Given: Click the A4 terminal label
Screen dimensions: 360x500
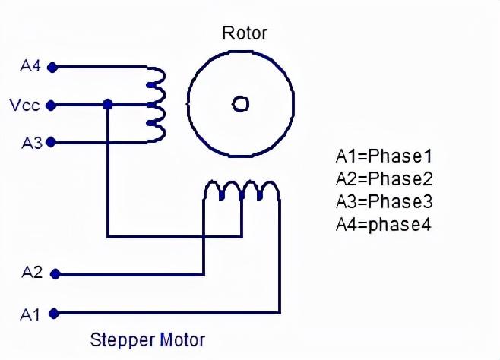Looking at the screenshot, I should pos(30,66).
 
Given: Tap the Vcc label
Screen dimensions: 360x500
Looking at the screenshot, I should pos(24,104).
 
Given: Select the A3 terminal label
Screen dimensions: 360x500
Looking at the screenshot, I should pos(30,141).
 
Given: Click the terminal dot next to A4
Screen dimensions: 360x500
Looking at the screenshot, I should pos(52,67).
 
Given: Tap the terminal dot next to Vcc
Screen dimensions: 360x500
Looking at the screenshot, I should pos(52,104).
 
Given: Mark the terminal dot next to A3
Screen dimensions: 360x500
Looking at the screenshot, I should pos(52,142).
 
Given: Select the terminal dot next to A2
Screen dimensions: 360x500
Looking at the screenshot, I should pos(52,273).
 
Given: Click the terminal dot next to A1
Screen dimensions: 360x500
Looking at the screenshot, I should pos(52,312).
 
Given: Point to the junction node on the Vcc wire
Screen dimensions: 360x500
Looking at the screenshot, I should pos(108,104).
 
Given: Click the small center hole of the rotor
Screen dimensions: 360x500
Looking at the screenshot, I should pos(240,104).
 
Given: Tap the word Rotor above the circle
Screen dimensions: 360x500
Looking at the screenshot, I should pos(244,33).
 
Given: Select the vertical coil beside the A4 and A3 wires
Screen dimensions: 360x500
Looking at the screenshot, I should pos(157,104).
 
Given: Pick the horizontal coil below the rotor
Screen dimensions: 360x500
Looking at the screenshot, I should pos(241,190).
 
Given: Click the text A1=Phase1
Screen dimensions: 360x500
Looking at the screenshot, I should pos(384,157).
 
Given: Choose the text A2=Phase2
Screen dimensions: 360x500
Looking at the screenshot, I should pos(384,179).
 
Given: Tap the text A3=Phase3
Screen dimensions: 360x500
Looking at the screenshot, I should pos(384,202).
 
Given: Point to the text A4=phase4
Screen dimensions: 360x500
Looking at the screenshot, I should pos(384,225).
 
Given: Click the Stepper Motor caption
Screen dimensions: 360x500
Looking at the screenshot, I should pos(147,339).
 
